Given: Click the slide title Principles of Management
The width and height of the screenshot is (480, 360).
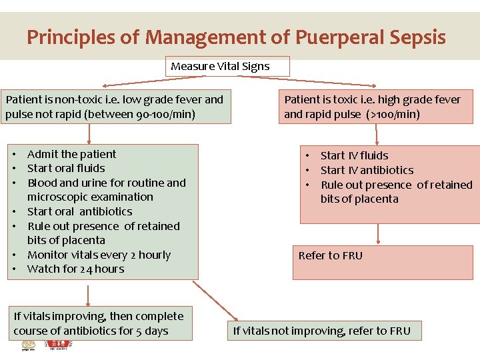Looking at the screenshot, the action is coord(236,37).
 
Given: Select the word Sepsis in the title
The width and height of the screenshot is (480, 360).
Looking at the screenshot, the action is coord(415,37).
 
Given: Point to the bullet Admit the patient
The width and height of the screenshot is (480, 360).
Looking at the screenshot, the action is coord(71,154).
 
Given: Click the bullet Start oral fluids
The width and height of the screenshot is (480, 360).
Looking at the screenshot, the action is coord(66,169).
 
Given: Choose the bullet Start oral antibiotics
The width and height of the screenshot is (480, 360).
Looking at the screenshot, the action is coord(80,211).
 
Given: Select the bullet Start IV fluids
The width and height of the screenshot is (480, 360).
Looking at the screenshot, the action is coord(354,155).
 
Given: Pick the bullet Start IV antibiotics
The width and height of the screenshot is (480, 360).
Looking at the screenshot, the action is coord(367,170).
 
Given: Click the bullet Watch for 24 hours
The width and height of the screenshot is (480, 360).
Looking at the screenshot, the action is coord(75,269).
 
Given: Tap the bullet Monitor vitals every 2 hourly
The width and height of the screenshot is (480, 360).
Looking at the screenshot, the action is coord(99,255).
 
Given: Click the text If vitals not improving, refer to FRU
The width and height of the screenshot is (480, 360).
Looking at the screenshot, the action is coord(322,331).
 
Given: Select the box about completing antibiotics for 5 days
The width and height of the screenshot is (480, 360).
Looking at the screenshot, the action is coord(99,323).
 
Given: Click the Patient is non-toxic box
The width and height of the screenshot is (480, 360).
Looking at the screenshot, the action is coord(116,107).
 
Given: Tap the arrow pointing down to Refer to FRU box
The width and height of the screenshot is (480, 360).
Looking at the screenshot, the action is coord(377,233).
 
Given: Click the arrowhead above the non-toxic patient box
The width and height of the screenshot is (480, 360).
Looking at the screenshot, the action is coord(105,86).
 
